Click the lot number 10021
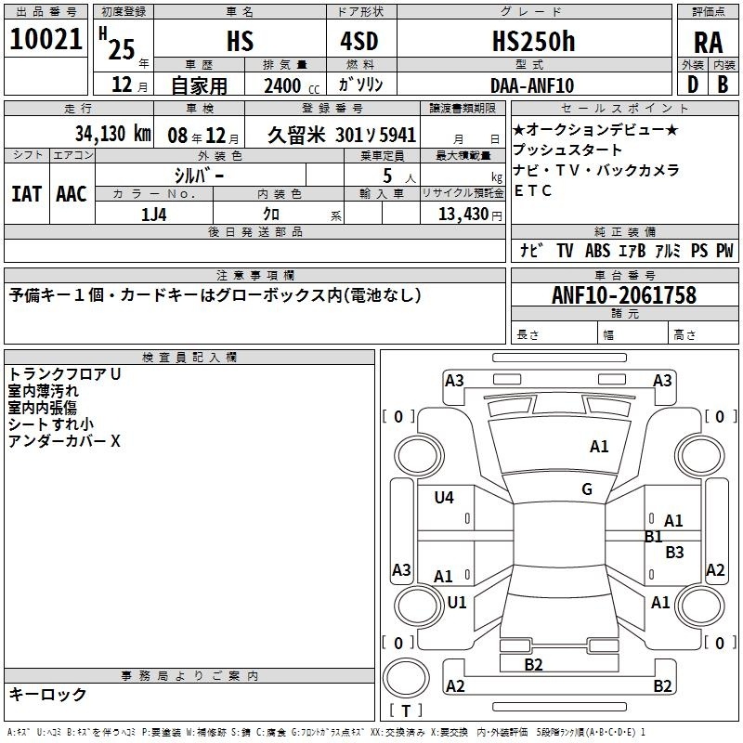[46, 39]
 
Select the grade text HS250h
[533, 41]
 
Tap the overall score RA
[708, 43]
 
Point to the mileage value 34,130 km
[113, 134]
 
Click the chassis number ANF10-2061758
[624, 295]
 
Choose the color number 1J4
[153, 215]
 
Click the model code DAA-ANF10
[532, 85]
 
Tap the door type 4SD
[359, 41]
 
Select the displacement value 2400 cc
[292, 85]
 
